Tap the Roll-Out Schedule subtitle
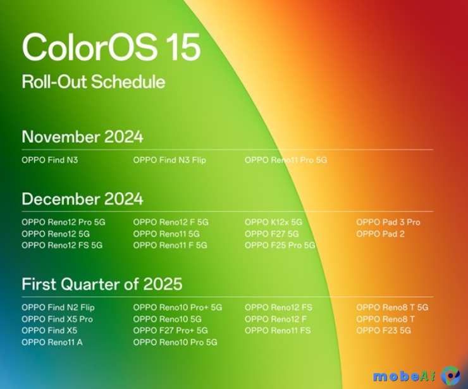[x=93, y=82]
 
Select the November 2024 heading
[x=82, y=137]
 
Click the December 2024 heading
[x=82, y=199]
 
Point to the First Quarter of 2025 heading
[x=102, y=284]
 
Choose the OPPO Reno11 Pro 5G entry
[x=286, y=160]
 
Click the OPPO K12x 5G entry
[x=273, y=222]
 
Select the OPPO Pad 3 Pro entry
[x=388, y=222]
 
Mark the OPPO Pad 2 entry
[x=380, y=233]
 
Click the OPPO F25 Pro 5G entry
[x=280, y=245]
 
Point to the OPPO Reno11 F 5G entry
[x=170, y=245]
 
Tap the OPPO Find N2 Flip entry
[x=58, y=307]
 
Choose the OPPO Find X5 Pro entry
[x=57, y=319]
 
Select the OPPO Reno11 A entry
[x=52, y=342]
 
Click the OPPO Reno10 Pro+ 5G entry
[x=178, y=307]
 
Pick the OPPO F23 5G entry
[x=383, y=330]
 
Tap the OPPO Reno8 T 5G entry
[x=392, y=307]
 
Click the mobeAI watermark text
[x=403, y=376]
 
